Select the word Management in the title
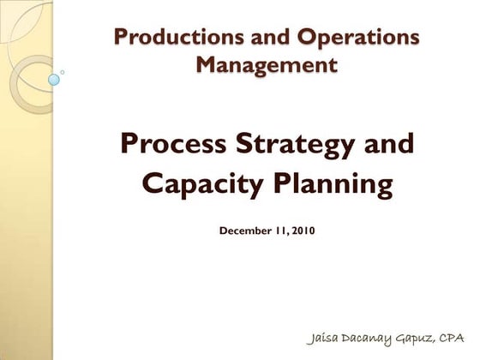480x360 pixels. click(266, 63)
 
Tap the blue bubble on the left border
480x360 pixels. click(53, 80)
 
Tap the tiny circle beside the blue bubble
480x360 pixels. click(63, 72)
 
